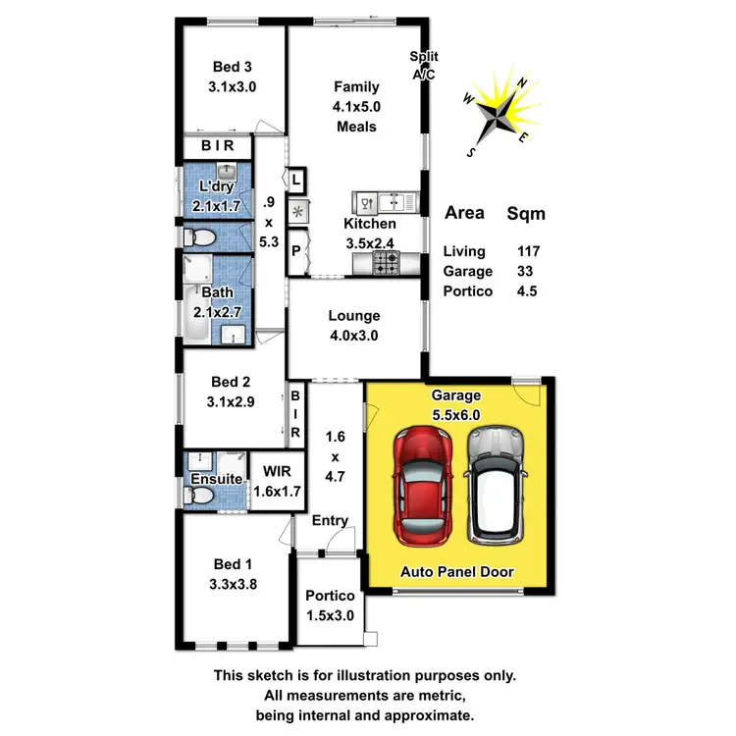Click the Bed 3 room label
click(x=233, y=77)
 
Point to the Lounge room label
click(x=354, y=325)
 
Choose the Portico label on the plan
click(x=329, y=605)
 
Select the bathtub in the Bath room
click(x=193, y=314)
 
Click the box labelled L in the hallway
click(x=296, y=181)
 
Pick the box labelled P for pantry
click(x=295, y=250)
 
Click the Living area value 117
click(x=528, y=252)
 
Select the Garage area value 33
click(x=528, y=272)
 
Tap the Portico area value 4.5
click(x=527, y=291)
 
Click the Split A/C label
click(x=424, y=65)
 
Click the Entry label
click(x=330, y=520)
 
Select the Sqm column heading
click(x=525, y=213)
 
